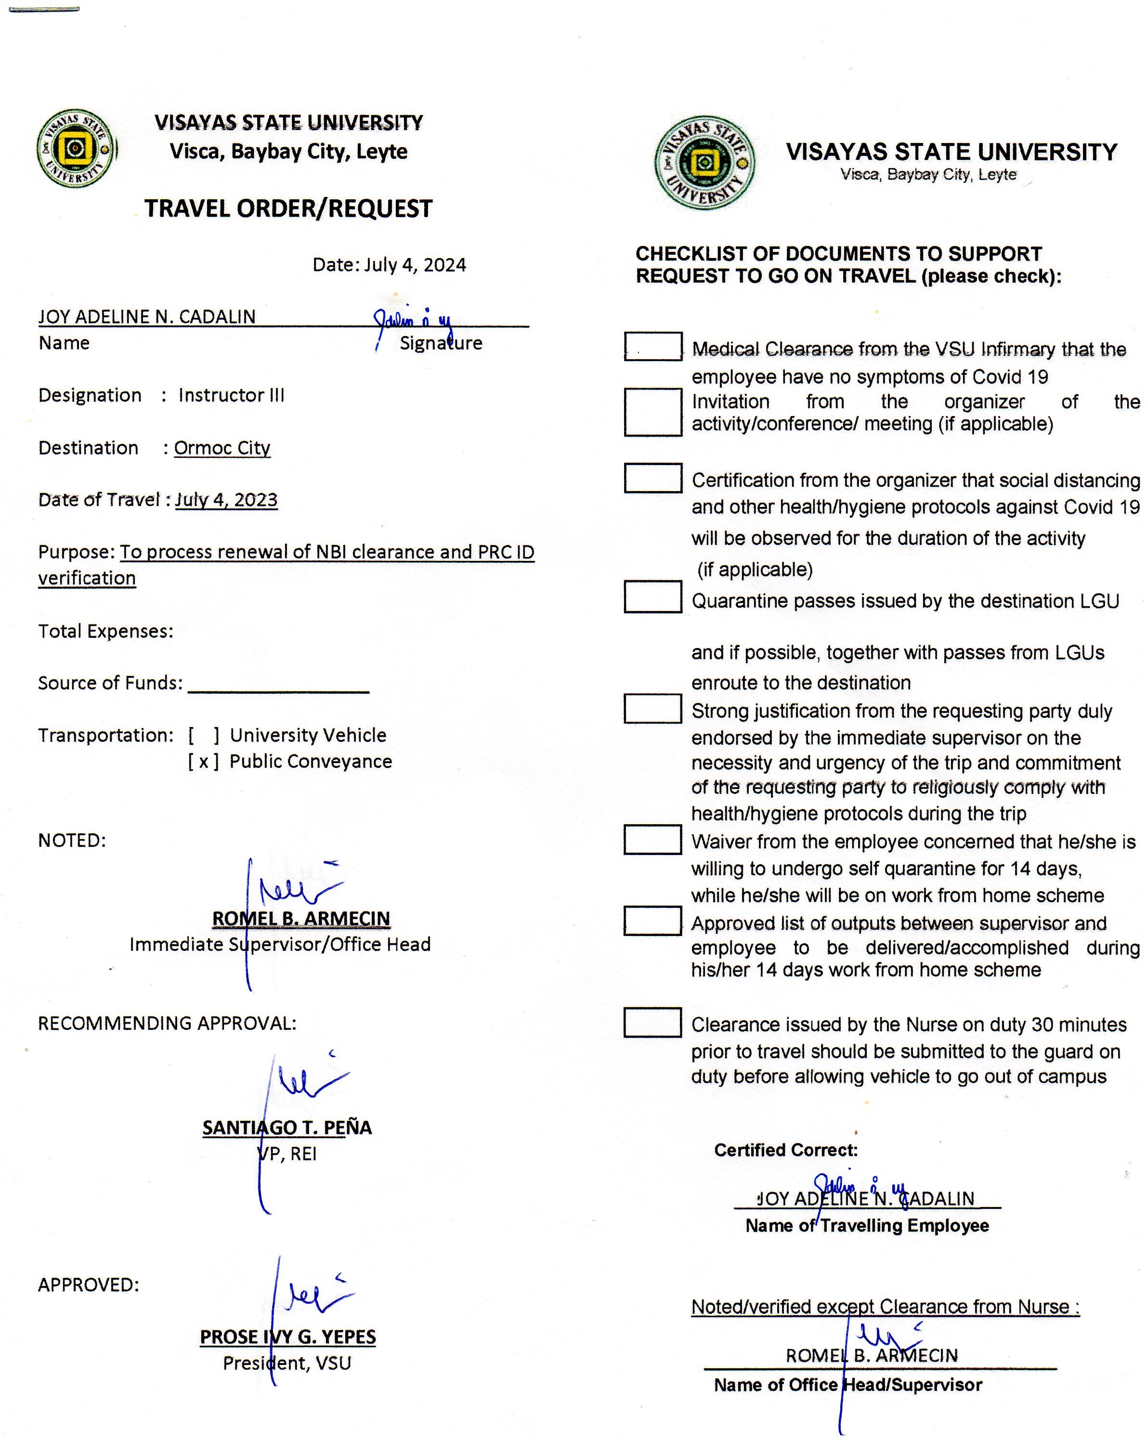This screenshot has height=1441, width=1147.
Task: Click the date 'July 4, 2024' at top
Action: (415, 265)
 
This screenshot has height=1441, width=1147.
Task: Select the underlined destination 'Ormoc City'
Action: (222, 448)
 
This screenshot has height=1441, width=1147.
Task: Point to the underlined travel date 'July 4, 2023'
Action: (226, 500)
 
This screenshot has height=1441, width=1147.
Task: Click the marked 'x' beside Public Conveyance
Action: (203, 761)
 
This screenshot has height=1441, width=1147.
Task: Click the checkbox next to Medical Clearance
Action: (652, 346)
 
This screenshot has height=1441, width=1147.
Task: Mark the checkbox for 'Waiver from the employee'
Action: (652, 840)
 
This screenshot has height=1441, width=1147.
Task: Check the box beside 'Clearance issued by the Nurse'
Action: (652, 1023)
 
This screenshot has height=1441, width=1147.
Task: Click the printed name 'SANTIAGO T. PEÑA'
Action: (287, 1128)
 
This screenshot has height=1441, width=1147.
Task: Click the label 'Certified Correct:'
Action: (785, 1150)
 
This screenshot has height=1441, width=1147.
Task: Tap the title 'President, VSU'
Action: (287, 1363)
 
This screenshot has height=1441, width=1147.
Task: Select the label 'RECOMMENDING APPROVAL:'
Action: (167, 1023)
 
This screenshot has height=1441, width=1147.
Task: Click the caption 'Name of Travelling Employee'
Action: (867, 1226)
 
